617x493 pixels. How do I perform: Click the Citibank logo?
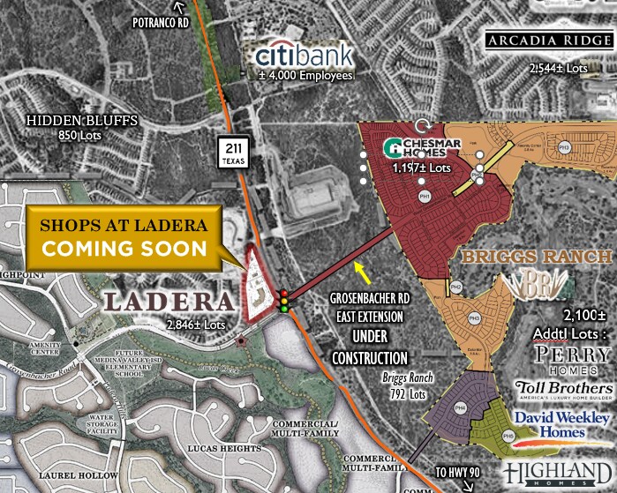(304, 55)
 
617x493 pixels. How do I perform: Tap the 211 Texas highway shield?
(232, 152)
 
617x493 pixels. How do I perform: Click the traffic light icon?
(283, 301)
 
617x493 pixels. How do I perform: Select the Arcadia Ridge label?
(548, 41)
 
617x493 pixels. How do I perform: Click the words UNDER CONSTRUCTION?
(369, 347)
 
